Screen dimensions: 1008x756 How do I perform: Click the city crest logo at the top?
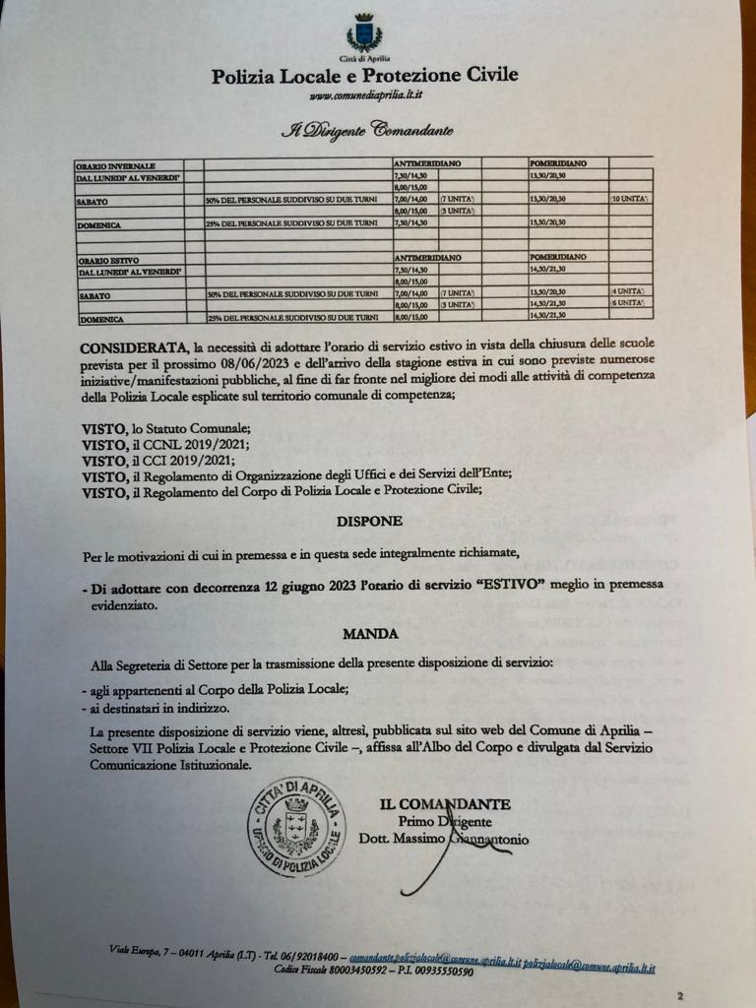click(364, 33)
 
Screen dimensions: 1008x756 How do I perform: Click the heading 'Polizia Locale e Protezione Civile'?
click(364, 76)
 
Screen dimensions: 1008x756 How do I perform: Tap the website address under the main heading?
click(365, 95)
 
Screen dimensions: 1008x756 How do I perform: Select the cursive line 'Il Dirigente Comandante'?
click(366, 129)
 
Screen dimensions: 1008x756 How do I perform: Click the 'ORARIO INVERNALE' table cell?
click(116, 165)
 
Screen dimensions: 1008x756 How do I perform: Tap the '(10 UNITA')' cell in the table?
click(629, 199)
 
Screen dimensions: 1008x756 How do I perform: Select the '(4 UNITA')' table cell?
click(630, 292)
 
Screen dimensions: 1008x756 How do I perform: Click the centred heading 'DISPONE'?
click(369, 522)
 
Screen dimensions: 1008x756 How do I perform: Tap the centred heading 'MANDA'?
click(370, 634)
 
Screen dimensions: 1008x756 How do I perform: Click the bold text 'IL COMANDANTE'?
click(445, 804)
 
